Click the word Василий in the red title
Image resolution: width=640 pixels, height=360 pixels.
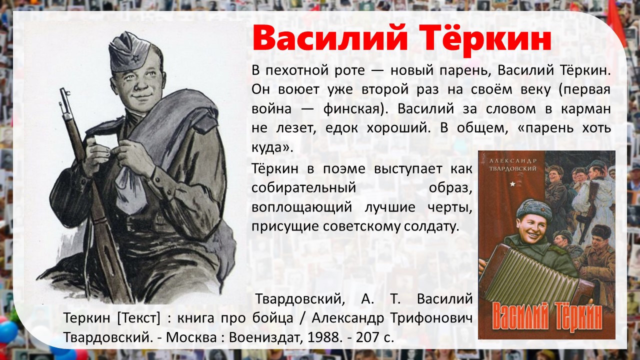330,37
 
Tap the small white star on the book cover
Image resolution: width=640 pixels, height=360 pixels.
512,184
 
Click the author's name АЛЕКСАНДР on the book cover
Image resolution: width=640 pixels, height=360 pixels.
512,161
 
